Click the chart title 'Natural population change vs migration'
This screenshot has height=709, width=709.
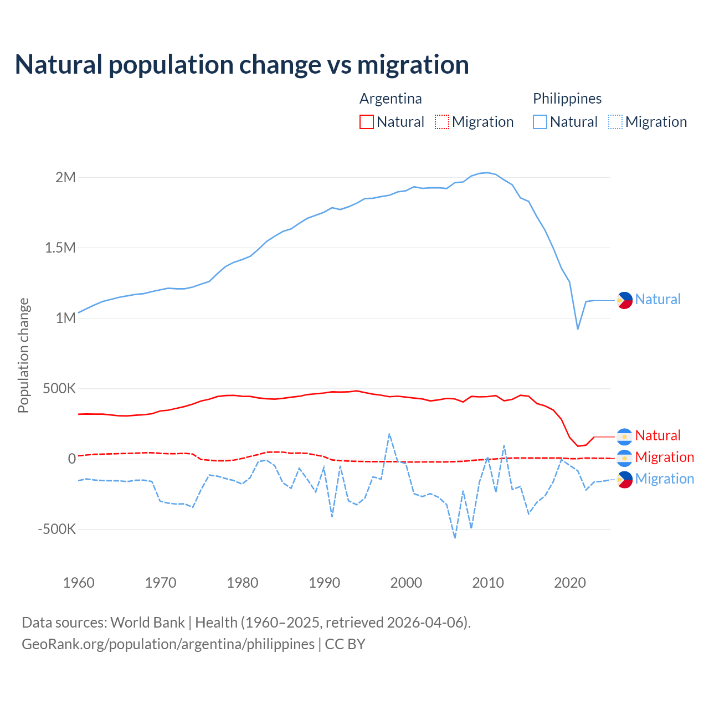pos(242,65)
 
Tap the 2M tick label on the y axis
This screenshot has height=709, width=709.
pos(65,177)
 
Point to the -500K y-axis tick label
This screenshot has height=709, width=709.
pos(56,529)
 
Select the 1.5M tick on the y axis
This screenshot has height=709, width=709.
pos(60,248)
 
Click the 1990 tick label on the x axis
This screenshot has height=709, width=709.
pos(324,583)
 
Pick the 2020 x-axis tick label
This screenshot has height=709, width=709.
pos(570,583)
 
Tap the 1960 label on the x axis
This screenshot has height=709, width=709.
pos(79,583)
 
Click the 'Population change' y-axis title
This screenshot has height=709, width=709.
pos(23,355)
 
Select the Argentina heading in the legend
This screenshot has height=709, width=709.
pos(391,99)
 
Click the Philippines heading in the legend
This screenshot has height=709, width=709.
pos(567,99)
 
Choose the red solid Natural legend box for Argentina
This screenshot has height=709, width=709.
pos(367,122)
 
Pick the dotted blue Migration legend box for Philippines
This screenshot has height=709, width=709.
pos(615,122)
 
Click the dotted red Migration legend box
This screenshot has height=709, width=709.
pos(442,122)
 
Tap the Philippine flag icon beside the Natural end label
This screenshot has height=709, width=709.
pos(624,300)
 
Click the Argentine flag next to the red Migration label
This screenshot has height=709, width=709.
pos(624,458)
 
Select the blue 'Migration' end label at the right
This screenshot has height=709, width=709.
pos(664,479)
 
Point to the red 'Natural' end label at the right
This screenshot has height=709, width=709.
pos(657,436)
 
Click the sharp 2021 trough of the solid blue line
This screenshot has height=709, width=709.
pos(578,329)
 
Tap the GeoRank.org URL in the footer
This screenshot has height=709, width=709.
pos(168,644)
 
